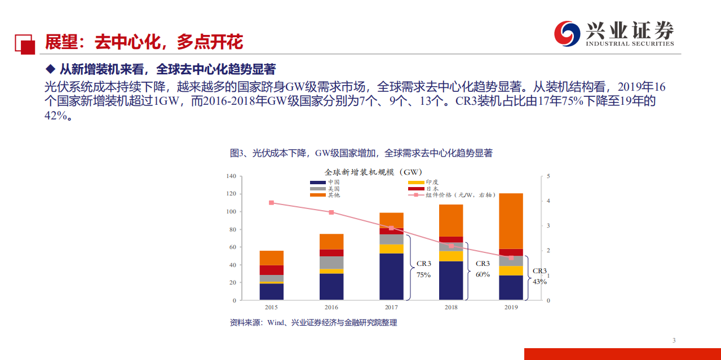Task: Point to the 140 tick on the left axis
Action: [x=231, y=176]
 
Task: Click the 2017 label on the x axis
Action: [x=391, y=308]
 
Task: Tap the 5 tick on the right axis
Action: [x=548, y=176]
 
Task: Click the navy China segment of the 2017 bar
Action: [x=391, y=277]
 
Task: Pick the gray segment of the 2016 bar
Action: [x=331, y=263]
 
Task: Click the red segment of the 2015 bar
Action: [x=271, y=270]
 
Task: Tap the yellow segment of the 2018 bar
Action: [x=451, y=256]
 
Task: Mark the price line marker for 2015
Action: [x=271, y=203]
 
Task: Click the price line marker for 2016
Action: [x=331, y=212]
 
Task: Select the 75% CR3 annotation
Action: [x=423, y=275]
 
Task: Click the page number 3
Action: [x=674, y=340]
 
